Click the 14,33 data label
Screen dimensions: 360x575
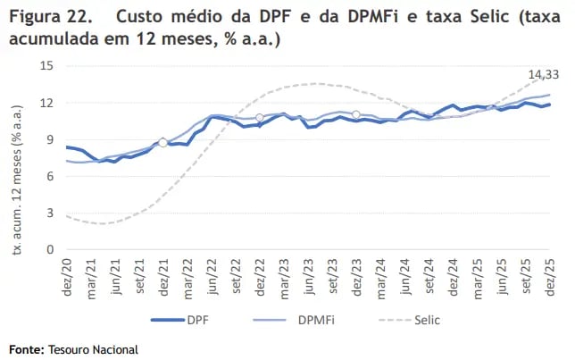coord(543,73)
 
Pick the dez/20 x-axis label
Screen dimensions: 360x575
coord(67,271)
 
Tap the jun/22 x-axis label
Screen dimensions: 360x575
coord(212,271)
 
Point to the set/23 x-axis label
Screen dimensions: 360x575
coord(333,271)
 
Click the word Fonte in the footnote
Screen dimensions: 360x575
coord(27,348)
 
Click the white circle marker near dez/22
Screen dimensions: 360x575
coord(260,118)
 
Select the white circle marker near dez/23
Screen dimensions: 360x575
coord(356,114)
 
